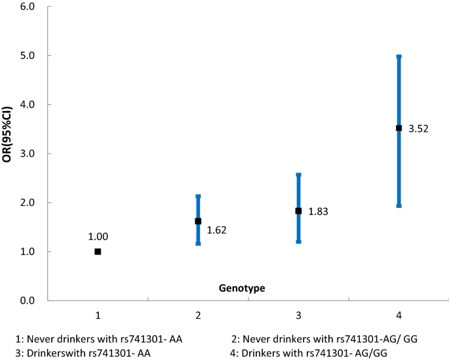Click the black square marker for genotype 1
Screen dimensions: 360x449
point(98,252)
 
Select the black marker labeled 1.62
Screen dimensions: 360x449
point(198,221)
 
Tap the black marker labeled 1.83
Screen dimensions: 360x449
point(298,211)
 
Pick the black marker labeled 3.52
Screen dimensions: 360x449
point(399,128)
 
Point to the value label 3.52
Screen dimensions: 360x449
point(419,129)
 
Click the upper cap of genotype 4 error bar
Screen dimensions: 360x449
point(399,57)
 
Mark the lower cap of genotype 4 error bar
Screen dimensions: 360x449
point(399,205)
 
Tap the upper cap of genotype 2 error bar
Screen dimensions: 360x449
point(198,196)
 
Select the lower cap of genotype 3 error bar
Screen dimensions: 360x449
point(298,241)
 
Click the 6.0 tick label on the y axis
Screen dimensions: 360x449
point(27,7)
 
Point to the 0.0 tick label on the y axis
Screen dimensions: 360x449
point(27,301)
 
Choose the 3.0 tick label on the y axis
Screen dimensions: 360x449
point(27,153)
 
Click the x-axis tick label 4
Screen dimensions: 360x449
point(399,315)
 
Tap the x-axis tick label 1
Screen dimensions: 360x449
point(98,315)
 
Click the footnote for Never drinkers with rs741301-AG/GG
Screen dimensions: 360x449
point(324,338)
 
